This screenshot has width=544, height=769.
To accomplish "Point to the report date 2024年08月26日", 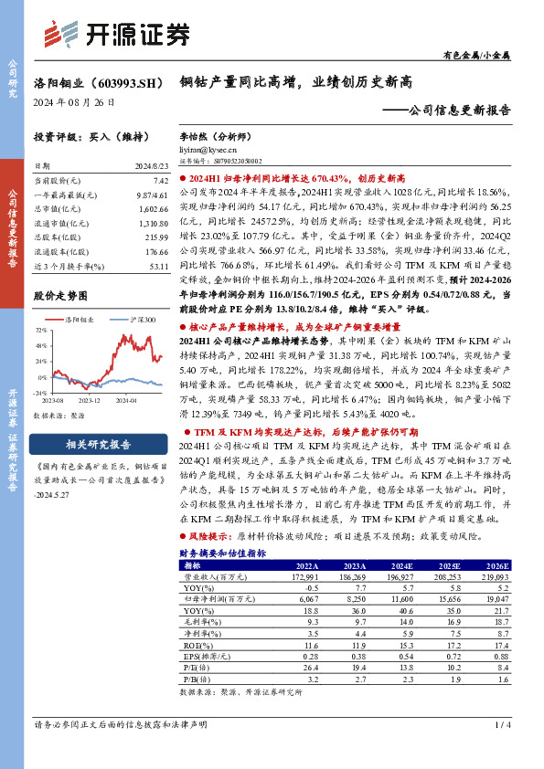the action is (x=69, y=101).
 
